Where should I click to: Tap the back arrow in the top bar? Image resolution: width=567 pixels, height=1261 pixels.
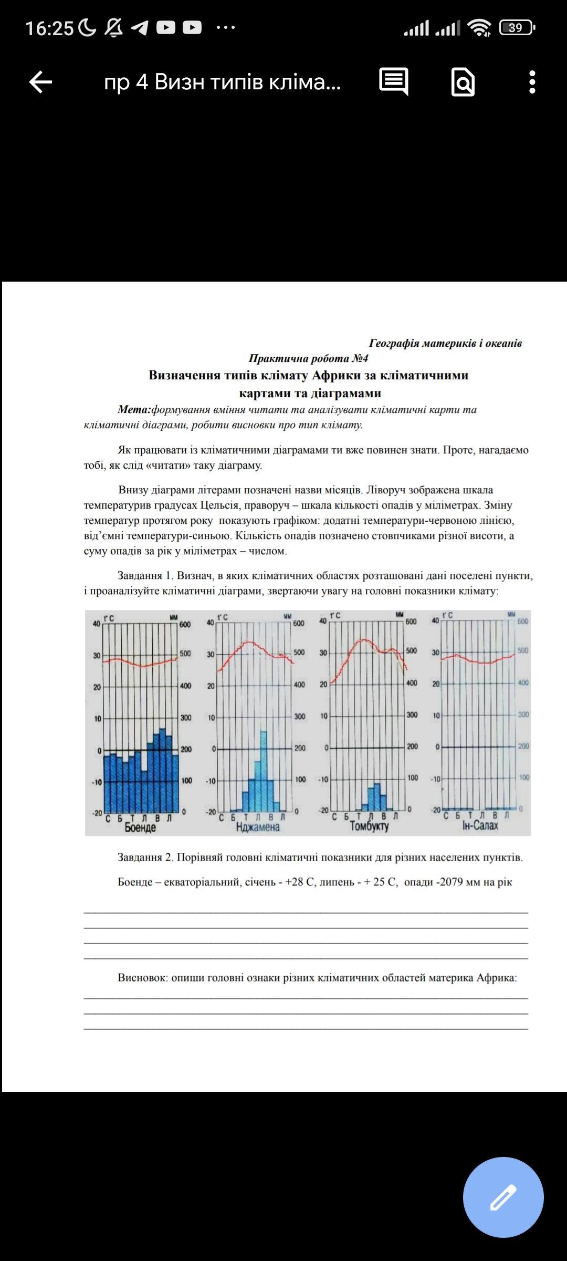click(40, 82)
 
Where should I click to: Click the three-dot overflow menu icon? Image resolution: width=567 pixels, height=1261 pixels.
click(532, 82)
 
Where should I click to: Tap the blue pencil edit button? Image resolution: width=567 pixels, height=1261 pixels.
click(503, 1197)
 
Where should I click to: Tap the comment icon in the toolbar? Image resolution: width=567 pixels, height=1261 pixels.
click(393, 81)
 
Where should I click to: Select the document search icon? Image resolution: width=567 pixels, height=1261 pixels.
click(463, 82)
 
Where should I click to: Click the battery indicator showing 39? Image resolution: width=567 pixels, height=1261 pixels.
click(517, 27)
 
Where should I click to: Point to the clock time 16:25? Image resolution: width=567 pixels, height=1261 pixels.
click(49, 28)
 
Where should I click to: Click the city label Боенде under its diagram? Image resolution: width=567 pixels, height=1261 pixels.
click(140, 828)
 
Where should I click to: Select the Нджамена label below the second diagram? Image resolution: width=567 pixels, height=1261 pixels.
click(258, 827)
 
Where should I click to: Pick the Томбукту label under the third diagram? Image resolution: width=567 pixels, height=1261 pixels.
click(370, 826)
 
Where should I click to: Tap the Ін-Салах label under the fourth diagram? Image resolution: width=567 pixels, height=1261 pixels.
click(480, 826)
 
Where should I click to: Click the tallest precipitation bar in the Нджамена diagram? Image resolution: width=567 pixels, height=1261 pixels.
click(264, 770)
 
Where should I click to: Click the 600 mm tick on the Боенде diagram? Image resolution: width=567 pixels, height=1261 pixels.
click(185, 624)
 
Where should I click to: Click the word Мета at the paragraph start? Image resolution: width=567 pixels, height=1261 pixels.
click(134, 409)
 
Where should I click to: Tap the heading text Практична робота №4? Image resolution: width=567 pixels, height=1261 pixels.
click(308, 358)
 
